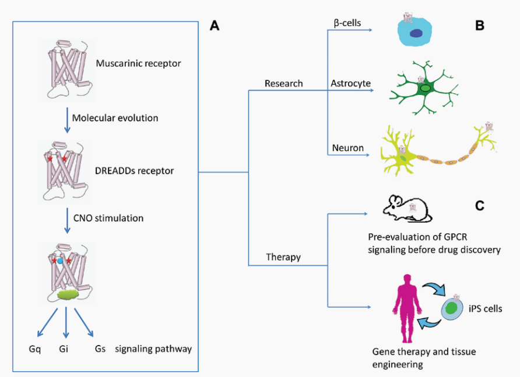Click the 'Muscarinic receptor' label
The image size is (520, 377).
coord(138,63)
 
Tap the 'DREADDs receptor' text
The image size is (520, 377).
coord(134,171)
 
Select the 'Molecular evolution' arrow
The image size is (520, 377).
coord(67,120)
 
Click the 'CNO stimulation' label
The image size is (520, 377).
coord(108,218)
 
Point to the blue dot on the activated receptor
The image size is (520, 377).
coord(60,261)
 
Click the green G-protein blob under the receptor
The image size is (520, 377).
coord(68,294)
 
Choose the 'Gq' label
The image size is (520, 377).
coord(35,349)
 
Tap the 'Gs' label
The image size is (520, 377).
coord(100,349)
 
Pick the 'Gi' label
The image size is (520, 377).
coord(64,349)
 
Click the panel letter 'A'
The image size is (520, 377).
coord(215,26)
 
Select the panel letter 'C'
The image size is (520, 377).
coord(480,205)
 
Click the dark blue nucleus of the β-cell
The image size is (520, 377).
coord(416,33)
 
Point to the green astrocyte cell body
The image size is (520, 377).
coord(424,88)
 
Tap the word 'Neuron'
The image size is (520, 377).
coord(348,148)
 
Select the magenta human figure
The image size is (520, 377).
coord(407,308)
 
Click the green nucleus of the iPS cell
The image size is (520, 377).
coord(451,308)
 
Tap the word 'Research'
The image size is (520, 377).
coord(283,83)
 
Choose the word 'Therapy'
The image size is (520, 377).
coord(283,257)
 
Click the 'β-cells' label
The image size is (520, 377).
coord(347,23)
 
